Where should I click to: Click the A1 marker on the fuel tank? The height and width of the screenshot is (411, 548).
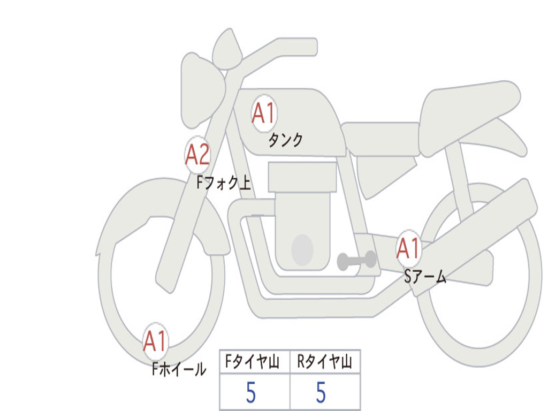[x=264, y=113]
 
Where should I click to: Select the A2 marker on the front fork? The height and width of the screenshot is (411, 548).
[x=197, y=155]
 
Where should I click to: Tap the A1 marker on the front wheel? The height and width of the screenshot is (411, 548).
[x=156, y=341]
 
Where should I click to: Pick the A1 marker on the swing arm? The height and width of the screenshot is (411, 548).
[x=408, y=248]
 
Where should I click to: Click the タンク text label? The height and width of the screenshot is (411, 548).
[x=285, y=140]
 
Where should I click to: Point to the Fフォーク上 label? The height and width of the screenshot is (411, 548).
[x=224, y=182]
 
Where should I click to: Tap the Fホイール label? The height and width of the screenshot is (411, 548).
[x=179, y=369]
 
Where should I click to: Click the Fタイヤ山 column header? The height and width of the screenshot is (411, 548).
[x=252, y=361]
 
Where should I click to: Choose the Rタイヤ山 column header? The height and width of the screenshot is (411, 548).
[x=324, y=361]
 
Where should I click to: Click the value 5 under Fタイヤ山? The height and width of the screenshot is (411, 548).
[x=251, y=392]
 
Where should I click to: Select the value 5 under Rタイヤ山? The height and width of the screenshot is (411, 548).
[x=321, y=392]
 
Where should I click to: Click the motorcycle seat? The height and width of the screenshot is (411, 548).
[x=468, y=116]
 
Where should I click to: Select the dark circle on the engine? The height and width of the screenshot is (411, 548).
[x=302, y=250]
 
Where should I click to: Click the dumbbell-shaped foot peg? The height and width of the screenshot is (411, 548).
[x=356, y=261]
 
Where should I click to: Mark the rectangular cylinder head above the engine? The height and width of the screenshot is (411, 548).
[x=302, y=177]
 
